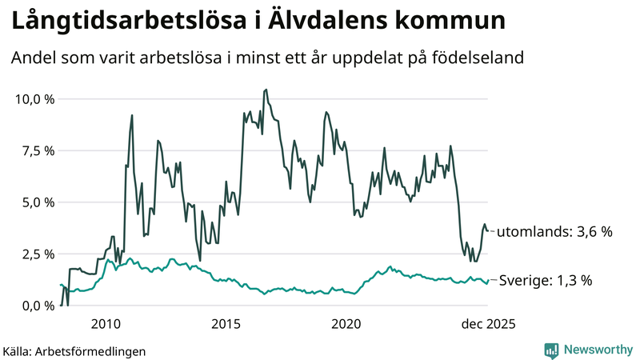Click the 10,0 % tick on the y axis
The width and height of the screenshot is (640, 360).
coord(33,99)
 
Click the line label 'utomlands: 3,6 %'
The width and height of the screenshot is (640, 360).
coord(554,232)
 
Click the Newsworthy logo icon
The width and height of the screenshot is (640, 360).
coord(552,350)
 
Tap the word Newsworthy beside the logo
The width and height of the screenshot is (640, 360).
coord(599,350)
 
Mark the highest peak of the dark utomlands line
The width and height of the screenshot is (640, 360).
coord(266,90)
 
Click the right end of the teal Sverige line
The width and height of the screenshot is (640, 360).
coord(488,282)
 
